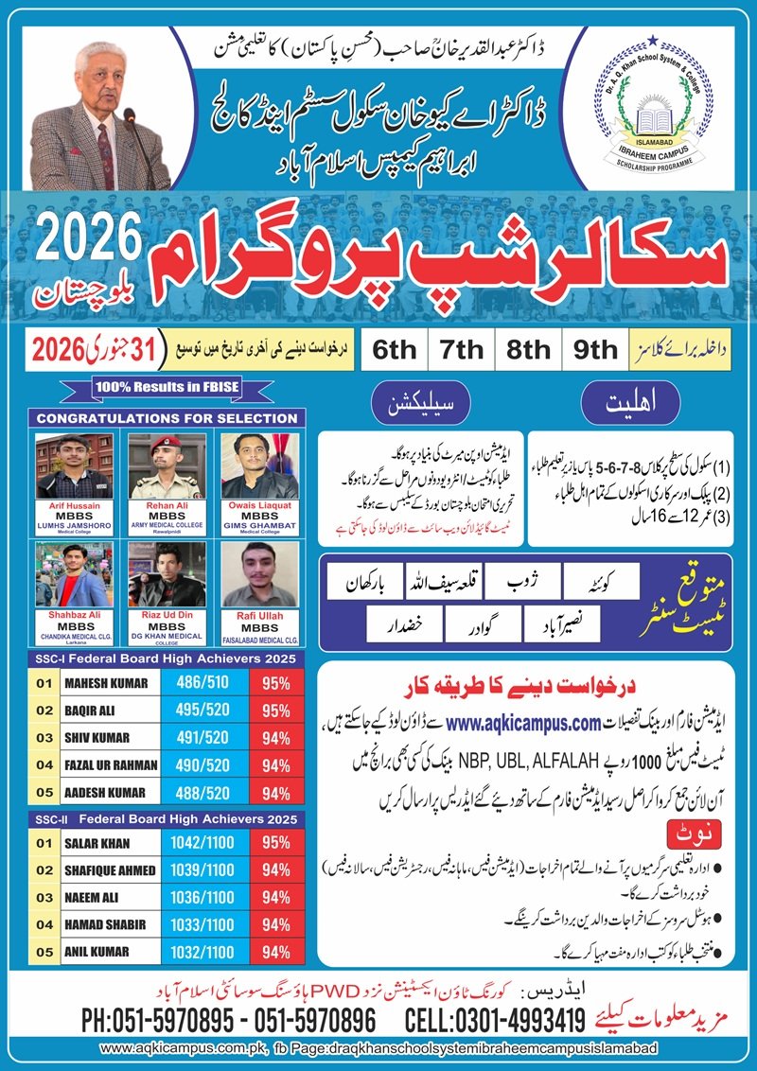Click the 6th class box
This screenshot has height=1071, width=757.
[394, 348]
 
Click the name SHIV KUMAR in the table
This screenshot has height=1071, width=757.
[98, 737]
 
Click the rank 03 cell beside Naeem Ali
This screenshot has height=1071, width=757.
[44, 897]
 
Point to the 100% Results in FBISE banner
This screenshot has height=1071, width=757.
[166, 386]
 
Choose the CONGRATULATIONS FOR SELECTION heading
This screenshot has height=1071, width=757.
[166, 417]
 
